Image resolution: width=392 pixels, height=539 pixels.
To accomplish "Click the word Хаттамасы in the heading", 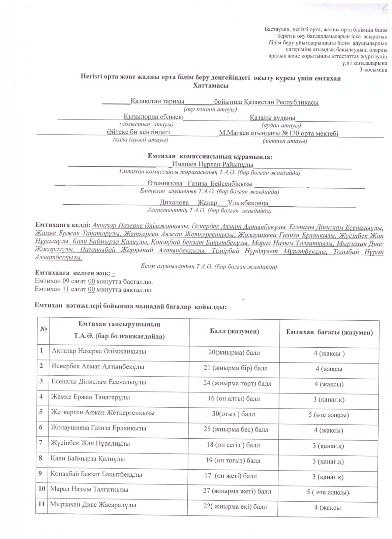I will (x=211, y=86).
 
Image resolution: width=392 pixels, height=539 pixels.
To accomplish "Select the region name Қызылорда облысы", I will (x=153, y=117).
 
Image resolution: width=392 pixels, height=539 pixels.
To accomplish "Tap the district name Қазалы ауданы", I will (x=272, y=118).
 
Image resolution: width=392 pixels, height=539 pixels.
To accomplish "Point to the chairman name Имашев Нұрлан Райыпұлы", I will (x=212, y=164).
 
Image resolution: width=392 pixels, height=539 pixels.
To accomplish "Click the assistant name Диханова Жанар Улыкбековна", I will (x=214, y=203).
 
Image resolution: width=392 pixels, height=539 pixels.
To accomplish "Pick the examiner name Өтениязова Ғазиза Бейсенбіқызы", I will (x=200, y=184).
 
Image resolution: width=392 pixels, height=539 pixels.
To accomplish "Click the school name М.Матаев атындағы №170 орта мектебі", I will (x=278, y=133).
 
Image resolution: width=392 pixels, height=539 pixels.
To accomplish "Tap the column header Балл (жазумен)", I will (x=234, y=331).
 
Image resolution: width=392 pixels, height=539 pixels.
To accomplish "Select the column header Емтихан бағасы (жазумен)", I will (x=329, y=332).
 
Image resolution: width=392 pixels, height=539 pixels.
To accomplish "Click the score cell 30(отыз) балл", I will (x=233, y=414).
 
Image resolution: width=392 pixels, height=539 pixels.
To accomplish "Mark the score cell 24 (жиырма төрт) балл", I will (x=237, y=383).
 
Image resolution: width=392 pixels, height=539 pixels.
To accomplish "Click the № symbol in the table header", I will (x=43, y=329).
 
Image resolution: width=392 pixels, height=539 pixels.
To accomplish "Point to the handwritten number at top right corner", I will (x=384, y=10).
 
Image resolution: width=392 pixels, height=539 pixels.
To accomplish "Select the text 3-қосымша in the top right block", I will (x=373, y=70).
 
